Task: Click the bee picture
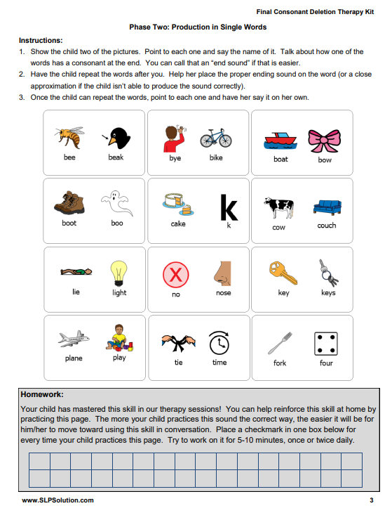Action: (x=69, y=136)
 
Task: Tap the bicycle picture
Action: (x=215, y=136)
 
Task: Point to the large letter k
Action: (x=229, y=207)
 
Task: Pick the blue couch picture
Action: (x=326, y=206)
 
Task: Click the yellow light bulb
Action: (x=119, y=272)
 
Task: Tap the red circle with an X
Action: (x=175, y=273)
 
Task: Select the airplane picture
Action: (x=74, y=339)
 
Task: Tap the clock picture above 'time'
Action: (x=219, y=342)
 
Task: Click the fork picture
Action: (x=280, y=342)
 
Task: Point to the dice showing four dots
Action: (x=325, y=342)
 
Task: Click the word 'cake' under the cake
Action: (x=178, y=224)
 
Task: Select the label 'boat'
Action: (x=281, y=160)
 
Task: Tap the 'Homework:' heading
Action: (x=42, y=395)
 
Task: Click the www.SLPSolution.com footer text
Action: (x=58, y=500)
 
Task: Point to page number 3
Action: (x=371, y=500)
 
